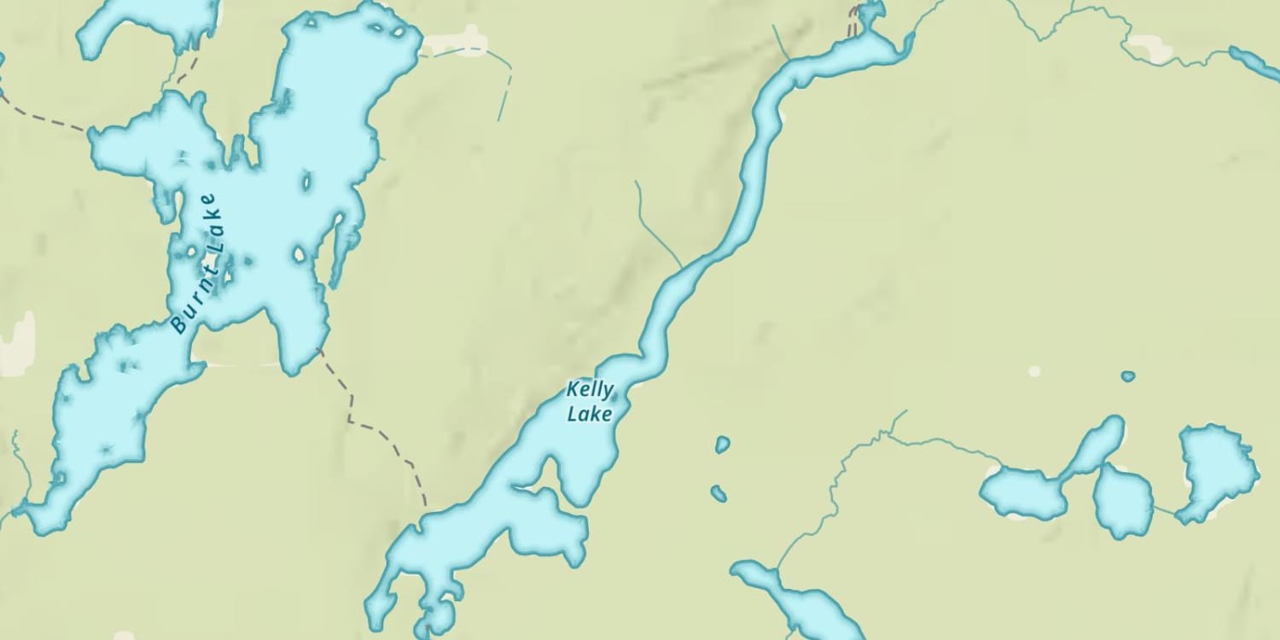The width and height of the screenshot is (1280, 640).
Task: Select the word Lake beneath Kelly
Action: coord(590,414)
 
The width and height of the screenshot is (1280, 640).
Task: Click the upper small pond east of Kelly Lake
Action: coord(723,445)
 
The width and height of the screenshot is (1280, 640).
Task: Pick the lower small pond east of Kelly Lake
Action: coord(719,493)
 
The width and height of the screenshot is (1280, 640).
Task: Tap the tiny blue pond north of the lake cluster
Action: coord(1128,376)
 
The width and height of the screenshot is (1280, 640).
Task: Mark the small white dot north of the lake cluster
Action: coord(1034,371)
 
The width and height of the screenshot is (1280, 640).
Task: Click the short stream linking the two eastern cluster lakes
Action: coord(1164,509)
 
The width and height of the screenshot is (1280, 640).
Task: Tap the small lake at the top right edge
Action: coord(1256,61)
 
